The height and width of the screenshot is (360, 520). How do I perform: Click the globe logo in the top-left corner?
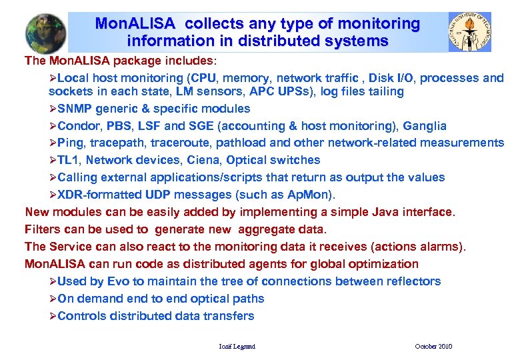tap(46, 33)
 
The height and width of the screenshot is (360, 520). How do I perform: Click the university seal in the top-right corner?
tap(469, 33)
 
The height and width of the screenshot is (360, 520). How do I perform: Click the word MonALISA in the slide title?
tap(135, 24)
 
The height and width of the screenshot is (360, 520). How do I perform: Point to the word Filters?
tap(43, 229)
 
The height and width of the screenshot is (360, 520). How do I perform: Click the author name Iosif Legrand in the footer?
tap(237, 347)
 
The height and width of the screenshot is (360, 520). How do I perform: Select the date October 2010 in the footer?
tap(433, 347)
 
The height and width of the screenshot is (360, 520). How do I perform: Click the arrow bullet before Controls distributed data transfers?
tap(53, 316)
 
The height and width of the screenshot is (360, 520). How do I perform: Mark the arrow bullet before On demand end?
tap(53, 299)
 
